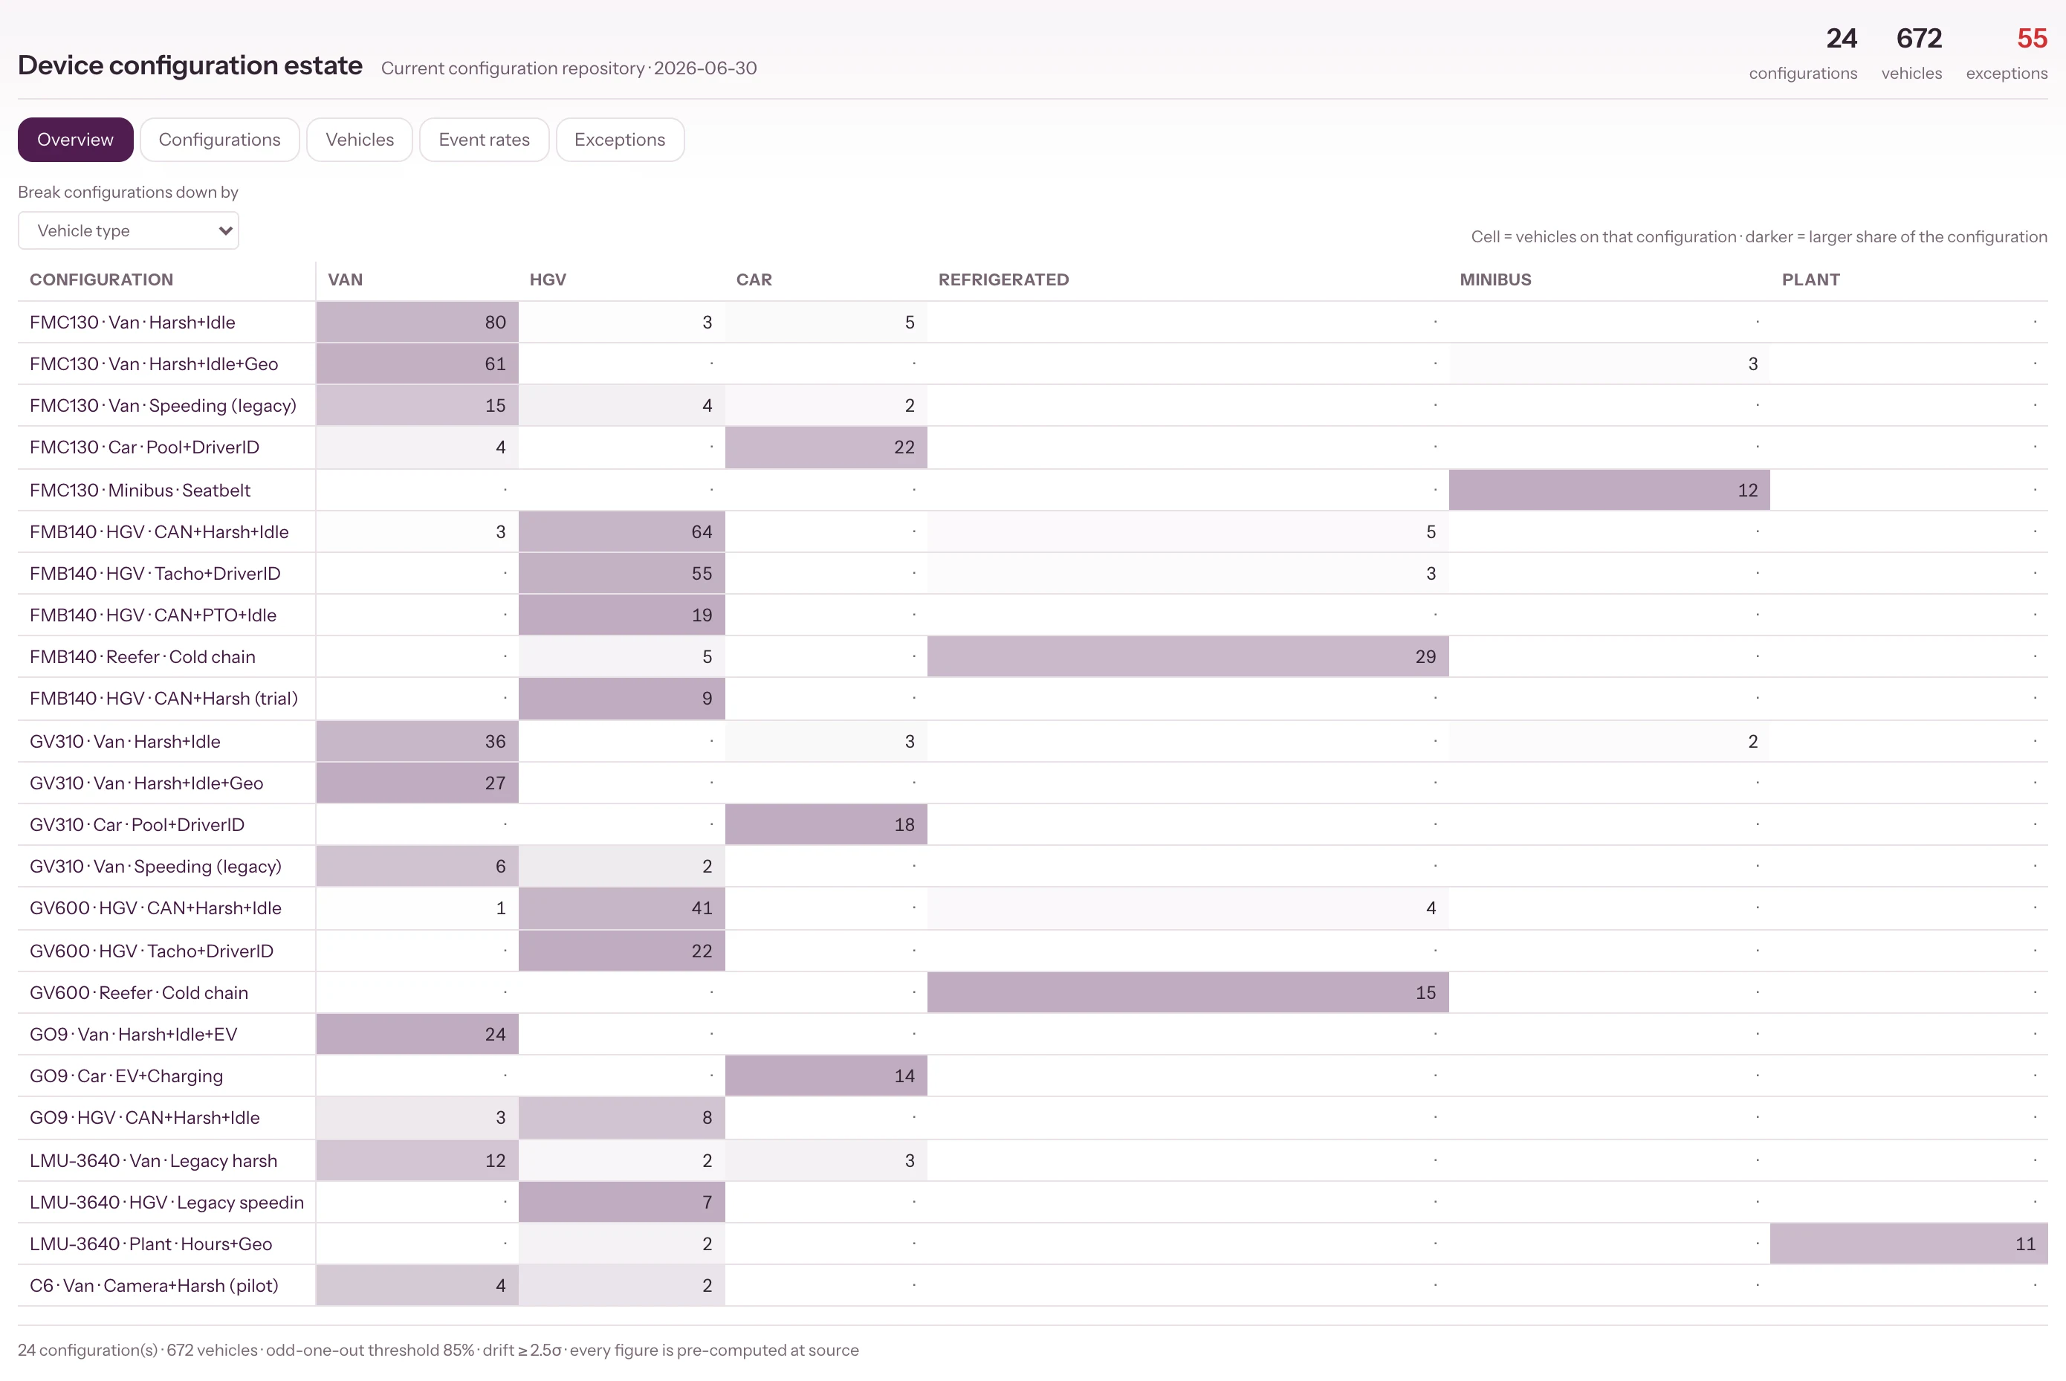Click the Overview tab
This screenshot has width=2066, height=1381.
[x=75, y=139]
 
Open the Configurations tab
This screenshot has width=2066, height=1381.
[x=219, y=139]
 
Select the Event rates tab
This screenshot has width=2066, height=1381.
[x=485, y=139]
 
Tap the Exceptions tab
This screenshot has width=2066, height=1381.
[x=620, y=139]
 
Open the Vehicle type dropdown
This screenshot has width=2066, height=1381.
[x=129, y=230]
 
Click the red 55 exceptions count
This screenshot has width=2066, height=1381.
[x=2033, y=38]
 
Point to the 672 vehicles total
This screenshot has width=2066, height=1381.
[x=1919, y=38]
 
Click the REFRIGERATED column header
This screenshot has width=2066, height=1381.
[x=1003, y=279]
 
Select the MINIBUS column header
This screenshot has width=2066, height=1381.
[x=1495, y=279]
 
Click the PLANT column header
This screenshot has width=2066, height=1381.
[x=1810, y=279]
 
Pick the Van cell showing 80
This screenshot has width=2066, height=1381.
[x=418, y=323]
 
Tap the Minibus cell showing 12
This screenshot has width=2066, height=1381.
[x=1609, y=490]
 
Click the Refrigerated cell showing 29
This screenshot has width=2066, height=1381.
[x=1188, y=657]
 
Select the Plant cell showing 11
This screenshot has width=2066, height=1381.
[x=1909, y=1243]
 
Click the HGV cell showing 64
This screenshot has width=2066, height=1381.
[x=622, y=532]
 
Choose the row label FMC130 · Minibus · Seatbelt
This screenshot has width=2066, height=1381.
[x=140, y=490]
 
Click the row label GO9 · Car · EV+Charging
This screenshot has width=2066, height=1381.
[x=126, y=1076]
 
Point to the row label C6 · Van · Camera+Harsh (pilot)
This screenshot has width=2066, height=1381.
[x=154, y=1286]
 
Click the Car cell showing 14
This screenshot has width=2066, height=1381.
[x=826, y=1076]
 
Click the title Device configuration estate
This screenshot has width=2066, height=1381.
[x=190, y=65]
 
